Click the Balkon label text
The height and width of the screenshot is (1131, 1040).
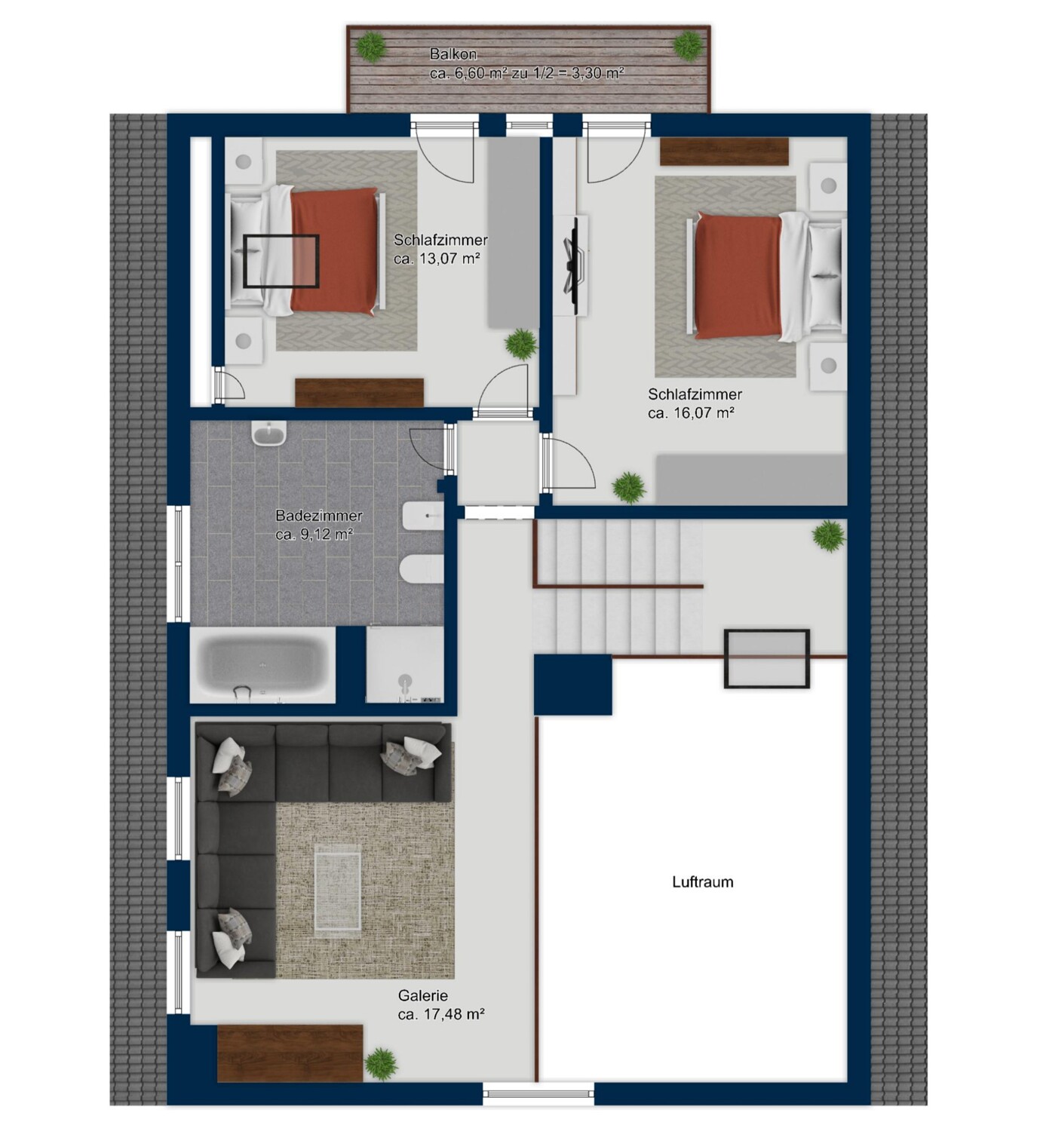point(453,54)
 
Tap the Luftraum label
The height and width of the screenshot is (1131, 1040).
point(703,881)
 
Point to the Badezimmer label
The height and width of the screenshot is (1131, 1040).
point(319,515)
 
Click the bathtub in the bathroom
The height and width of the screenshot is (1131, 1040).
point(262,666)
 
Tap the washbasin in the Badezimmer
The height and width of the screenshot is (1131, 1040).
point(269,435)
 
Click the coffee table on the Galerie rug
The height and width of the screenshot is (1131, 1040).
point(338,890)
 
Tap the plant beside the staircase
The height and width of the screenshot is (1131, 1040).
point(829,536)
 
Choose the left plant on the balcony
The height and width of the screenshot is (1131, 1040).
point(372,46)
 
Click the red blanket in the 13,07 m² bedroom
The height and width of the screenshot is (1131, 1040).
point(334,251)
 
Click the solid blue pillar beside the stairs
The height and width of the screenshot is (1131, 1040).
point(573,685)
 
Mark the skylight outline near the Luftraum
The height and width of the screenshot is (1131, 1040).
point(767,658)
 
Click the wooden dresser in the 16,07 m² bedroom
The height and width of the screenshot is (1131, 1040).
point(724,151)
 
